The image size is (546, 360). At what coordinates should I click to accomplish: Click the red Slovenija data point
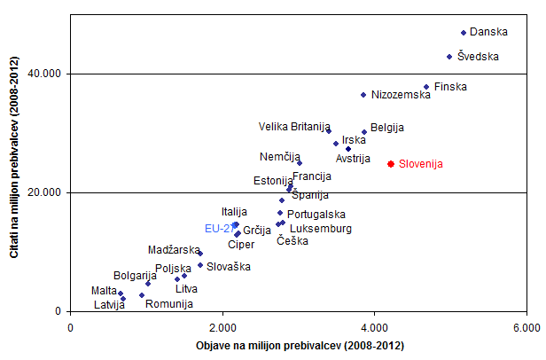[391, 164]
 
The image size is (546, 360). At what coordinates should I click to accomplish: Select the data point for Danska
[464, 33]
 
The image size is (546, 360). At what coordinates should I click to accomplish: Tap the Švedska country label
[479, 57]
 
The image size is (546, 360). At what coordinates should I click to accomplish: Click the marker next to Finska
[426, 87]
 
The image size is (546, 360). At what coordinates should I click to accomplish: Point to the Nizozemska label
[400, 95]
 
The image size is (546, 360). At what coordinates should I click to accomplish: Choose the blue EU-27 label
[219, 228]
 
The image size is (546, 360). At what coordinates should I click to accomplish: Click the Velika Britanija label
[294, 127]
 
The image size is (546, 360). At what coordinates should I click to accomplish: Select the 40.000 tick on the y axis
[43, 74]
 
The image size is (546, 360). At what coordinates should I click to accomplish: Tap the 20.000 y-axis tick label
[43, 192]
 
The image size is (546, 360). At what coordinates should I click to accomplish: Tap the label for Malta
[104, 291]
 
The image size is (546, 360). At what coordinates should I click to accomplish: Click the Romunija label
[168, 304]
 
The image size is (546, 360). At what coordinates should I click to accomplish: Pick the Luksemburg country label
[321, 229]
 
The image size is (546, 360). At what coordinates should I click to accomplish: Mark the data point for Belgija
[364, 132]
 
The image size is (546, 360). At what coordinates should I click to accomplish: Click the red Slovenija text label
[420, 164]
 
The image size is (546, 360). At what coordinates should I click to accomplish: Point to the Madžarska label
[174, 250]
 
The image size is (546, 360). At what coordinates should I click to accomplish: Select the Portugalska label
[317, 214]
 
